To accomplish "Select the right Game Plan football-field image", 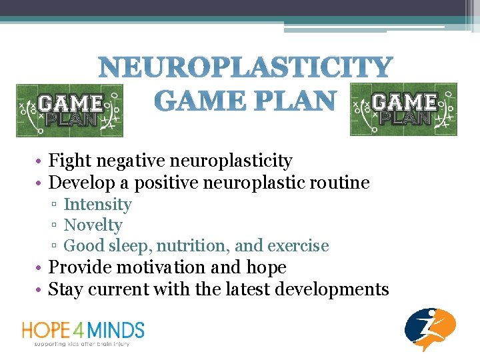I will pyautogui.click(x=403, y=109).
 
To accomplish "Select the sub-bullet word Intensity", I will pyautogui.click(x=97, y=205).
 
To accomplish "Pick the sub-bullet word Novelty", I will pyautogui.click(x=93, y=225).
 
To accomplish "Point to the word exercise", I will pyautogui.click(x=298, y=246).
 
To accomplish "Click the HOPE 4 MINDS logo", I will pyautogui.click(x=83, y=331).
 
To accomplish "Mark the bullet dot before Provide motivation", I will pyautogui.click(x=41, y=268).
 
